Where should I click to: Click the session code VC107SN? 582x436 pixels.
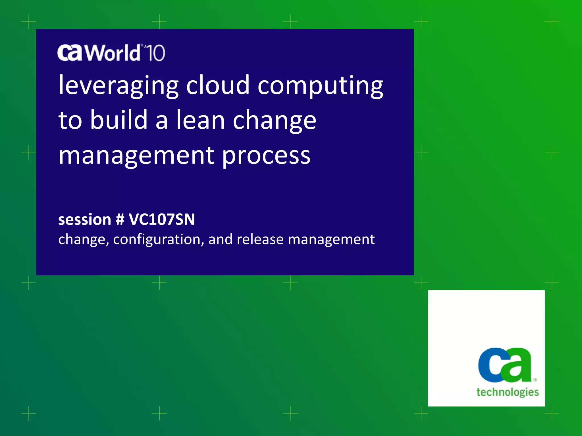[162, 219]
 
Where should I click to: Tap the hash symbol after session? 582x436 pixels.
[120, 219]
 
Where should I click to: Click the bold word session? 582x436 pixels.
[84, 220]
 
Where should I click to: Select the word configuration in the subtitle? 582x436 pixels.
[159, 239]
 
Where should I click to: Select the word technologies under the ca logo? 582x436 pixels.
[508, 392]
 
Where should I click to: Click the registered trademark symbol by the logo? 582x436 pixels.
[535, 380]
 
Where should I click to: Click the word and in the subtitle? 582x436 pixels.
[221, 239]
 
